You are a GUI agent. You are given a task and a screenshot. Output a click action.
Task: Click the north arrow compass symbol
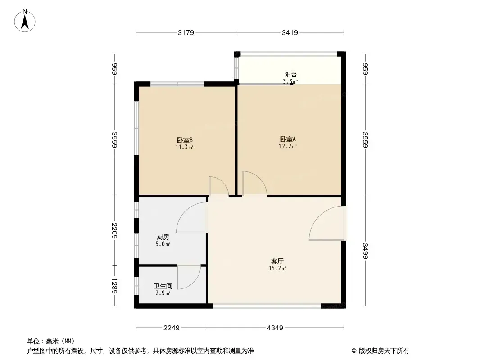tap(25, 21)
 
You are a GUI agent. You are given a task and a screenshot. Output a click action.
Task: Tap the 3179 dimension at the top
tap(186, 32)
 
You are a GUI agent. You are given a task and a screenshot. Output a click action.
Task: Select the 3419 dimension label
tap(290, 32)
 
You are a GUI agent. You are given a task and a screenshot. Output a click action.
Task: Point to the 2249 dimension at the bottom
tap(171, 328)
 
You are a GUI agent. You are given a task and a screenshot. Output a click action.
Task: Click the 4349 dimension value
tap(275, 328)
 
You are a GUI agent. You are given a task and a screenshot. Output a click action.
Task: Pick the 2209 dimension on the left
tap(114, 231)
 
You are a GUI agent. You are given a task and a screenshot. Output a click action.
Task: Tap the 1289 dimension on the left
tap(114, 286)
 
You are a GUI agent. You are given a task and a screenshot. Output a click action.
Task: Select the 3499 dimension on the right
tap(365, 251)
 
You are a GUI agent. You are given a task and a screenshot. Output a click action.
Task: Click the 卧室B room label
tap(185, 140)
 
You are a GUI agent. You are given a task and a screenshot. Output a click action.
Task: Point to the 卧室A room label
tap(288, 139)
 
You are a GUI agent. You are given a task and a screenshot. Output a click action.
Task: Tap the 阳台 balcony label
tap(290, 74)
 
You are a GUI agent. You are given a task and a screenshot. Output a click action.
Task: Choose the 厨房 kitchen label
tap(163, 237)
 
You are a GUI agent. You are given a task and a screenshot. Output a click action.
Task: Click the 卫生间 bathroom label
tap(163, 286)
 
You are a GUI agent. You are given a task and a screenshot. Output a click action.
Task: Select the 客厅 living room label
tap(277, 261)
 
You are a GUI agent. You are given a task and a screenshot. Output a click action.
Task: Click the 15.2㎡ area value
tap(277, 269)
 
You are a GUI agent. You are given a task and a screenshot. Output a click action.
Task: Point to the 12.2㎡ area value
tap(288, 147)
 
